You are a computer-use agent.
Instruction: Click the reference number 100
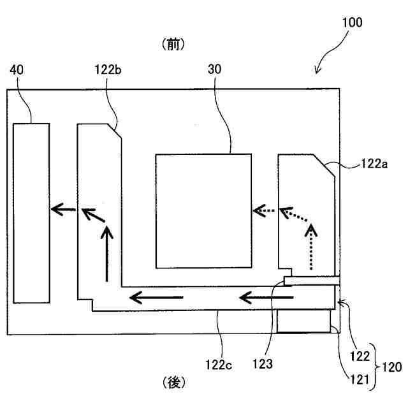[351, 24]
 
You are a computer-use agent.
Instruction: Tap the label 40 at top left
[17, 70]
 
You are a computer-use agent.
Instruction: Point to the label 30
[215, 70]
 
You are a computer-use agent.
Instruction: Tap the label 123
[262, 365]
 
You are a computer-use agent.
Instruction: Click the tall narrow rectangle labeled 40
[31, 213]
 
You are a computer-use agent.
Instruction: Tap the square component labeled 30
[203, 210]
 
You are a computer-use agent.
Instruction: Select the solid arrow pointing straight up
[107, 254]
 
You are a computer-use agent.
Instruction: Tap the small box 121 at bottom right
[305, 322]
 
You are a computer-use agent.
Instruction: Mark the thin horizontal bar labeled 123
[312, 280]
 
